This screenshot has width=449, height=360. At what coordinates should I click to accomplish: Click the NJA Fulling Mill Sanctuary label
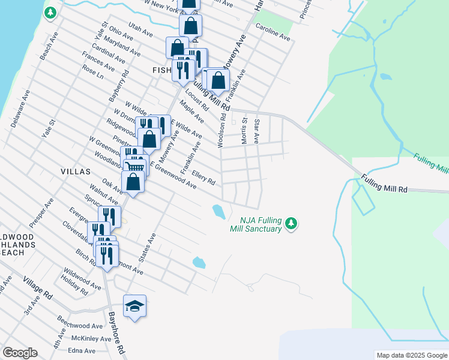256,224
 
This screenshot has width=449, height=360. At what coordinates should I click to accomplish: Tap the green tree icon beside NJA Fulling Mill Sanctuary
291,223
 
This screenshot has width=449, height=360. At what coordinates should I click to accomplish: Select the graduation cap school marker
135,307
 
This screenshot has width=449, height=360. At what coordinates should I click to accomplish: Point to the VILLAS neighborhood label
75,171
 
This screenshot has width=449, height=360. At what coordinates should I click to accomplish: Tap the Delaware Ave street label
20,109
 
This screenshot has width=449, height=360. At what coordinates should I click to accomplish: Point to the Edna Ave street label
82,351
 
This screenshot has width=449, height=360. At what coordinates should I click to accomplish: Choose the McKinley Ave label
91,339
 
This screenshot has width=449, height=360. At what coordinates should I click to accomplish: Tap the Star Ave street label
256,131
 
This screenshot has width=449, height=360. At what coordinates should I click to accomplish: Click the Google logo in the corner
20,353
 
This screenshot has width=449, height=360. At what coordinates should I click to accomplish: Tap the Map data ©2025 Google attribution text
411,355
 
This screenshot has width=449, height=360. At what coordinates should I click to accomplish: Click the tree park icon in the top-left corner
50,12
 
